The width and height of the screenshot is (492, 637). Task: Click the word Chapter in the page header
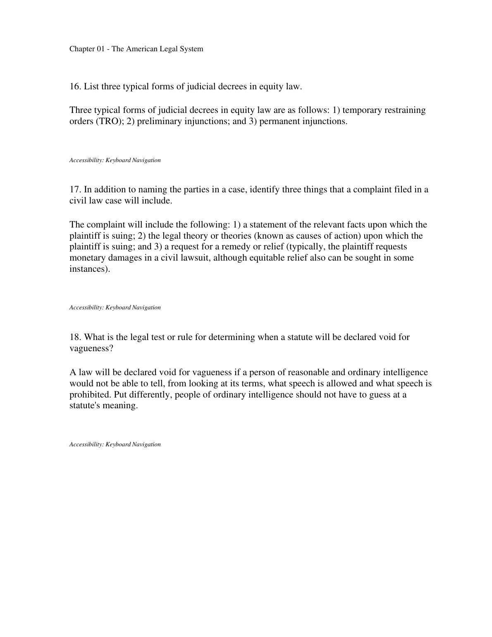coord(82,49)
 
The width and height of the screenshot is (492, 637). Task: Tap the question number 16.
coord(75,86)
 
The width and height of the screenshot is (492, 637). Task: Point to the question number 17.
coord(75,189)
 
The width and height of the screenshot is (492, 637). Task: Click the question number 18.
coord(75,337)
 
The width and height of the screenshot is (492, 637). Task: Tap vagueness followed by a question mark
coord(89,348)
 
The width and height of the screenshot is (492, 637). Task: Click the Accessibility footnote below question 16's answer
coord(115,160)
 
